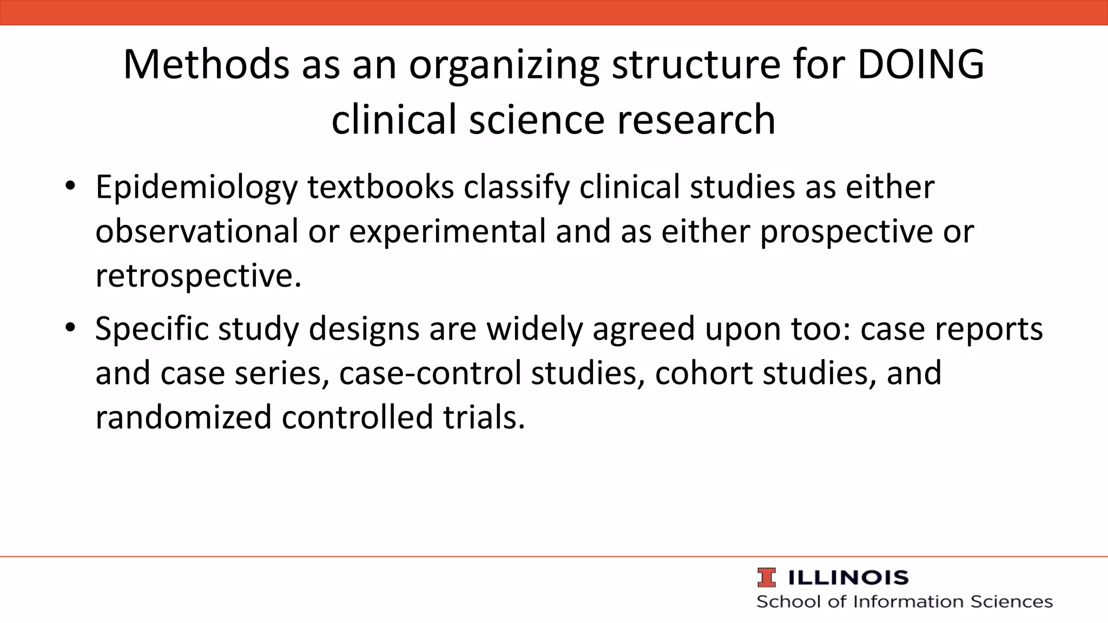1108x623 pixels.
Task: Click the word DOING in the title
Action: point(920,65)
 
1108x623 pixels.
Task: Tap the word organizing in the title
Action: point(504,65)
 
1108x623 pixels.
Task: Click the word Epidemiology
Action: point(196,188)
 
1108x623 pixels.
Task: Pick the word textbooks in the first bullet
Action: point(381,188)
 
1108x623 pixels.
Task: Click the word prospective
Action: point(847,231)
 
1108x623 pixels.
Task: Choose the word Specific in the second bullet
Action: point(152,329)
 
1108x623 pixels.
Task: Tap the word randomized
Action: point(183,417)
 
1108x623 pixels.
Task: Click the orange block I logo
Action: point(767,578)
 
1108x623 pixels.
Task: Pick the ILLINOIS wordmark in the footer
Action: point(848,578)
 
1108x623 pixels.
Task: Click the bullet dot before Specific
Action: point(70,328)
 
